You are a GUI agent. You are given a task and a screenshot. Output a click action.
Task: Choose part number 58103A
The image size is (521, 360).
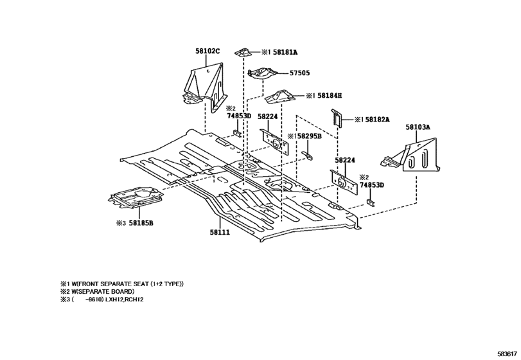click(x=418, y=128)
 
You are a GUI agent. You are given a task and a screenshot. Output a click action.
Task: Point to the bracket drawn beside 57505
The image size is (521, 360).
click(x=262, y=75)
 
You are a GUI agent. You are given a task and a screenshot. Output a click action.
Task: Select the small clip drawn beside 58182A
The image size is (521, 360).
click(x=337, y=117)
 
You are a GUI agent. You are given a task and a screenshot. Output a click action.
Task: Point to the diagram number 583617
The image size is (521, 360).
click(x=506, y=354)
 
